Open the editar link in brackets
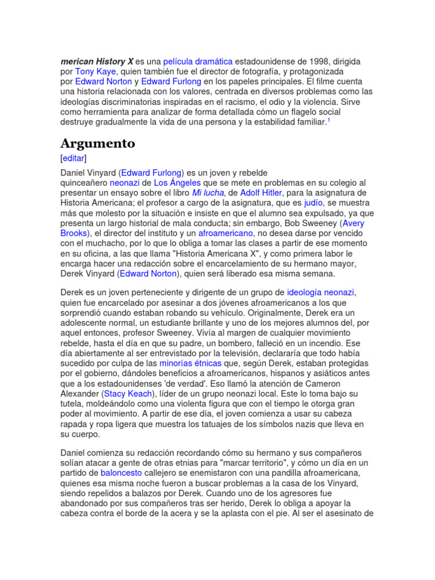pos(74,158)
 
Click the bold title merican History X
pos(97,61)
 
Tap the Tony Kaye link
pos(95,71)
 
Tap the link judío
pos(313,203)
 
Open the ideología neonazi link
pos(321,293)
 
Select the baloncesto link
pos(121,473)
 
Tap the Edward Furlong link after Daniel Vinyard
pos(152,172)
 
